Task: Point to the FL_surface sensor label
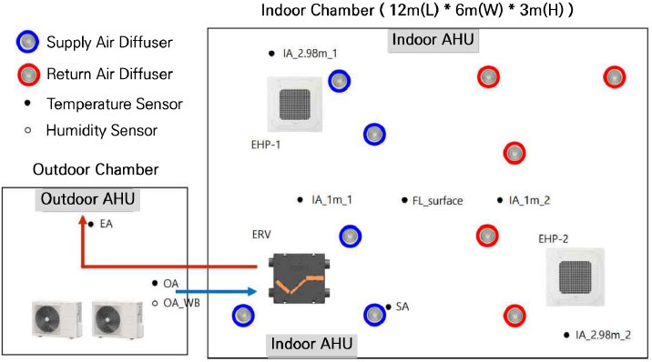pyautogui.click(x=438, y=200)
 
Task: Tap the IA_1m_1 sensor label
pyautogui.click(x=331, y=200)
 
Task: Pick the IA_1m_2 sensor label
pyautogui.click(x=529, y=200)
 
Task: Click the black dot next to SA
pyautogui.click(x=389, y=307)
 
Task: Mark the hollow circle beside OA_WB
pyautogui.click(x=155, y=303)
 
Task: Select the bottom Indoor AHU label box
pyautogui.click(x=311, y=345)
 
